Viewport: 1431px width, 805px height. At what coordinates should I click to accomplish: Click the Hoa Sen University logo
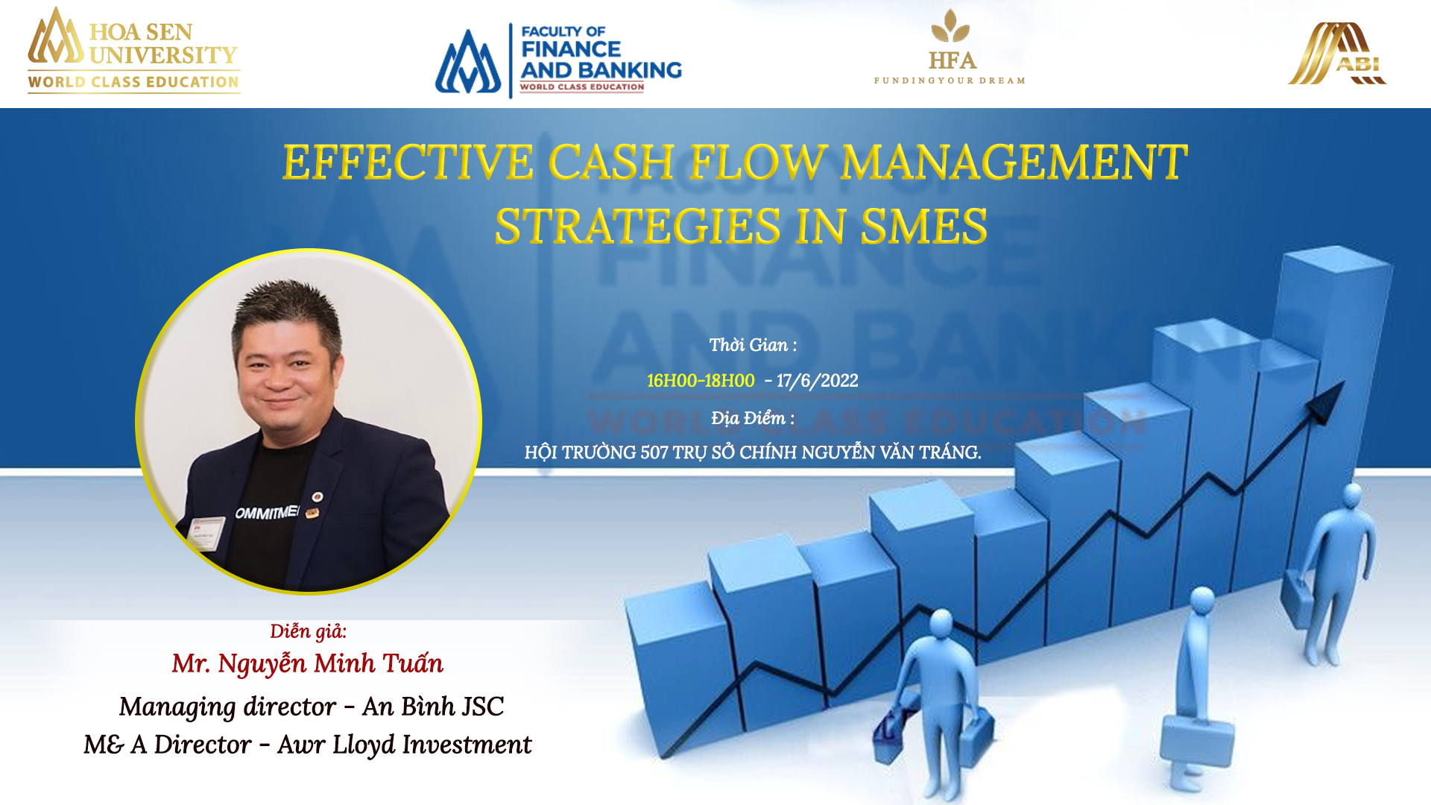click(133, 50)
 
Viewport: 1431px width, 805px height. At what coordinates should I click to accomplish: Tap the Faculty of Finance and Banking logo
click(558, 60)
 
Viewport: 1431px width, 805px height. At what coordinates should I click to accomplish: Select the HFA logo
click(950, 46)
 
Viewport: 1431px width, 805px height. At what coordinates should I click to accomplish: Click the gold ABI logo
click(1337, 54)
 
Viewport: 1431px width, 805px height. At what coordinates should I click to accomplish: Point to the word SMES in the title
click(924, 226)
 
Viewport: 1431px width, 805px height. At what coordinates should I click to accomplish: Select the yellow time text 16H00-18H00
click(701, 381)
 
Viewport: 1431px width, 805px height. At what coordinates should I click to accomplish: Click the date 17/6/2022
click(817, 381)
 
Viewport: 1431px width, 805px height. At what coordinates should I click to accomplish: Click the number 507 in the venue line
click(654, 453)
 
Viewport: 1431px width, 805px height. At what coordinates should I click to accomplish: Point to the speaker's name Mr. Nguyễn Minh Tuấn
click(308, 663)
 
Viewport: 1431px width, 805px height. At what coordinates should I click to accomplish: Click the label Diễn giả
click(308, 631)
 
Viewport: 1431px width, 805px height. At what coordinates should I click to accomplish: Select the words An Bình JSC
click(433, 707)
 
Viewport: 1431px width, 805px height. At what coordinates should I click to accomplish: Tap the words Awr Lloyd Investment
click(405, 745)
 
